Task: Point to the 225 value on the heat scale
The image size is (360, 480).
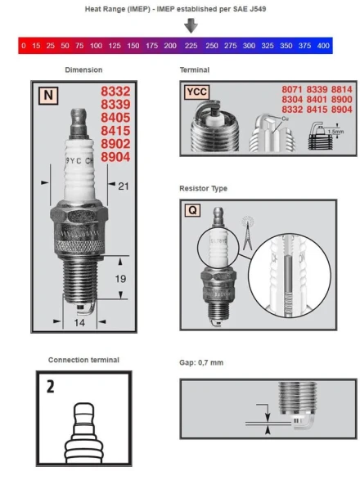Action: click(x=191, y=46)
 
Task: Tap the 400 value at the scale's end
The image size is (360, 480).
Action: click(x=323, y=46)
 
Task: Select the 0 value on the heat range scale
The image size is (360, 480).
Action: click(x=24, y=46)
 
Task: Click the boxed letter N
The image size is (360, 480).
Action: click(x=48, y=95)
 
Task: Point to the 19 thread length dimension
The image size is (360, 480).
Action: click(x=119, y=279)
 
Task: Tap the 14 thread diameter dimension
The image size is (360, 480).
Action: click(x=80, y=323)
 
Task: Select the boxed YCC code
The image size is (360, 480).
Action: click(x=196, y=92)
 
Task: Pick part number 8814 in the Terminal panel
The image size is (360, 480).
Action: click(x=341, y=87)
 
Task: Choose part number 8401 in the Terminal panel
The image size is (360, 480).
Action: click(x=317, y=98)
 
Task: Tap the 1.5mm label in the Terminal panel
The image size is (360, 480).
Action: click(x=332, y=131)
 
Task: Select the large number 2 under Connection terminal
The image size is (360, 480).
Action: click(x=51, y=385)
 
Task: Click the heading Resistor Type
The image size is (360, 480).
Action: click(x=204, y=189)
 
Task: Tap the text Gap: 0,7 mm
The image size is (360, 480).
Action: click(x=200, y=361)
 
